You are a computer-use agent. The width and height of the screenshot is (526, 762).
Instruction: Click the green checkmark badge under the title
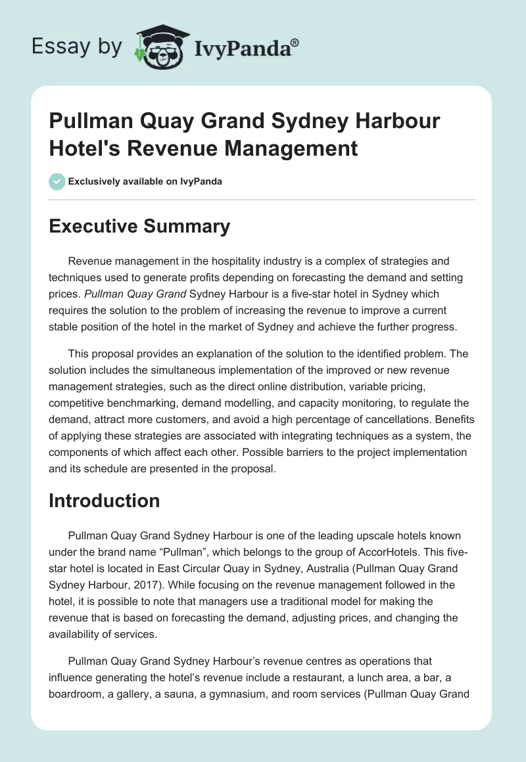[x=57, y=181]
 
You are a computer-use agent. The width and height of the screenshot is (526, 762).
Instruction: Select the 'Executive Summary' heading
[x=140, y=227]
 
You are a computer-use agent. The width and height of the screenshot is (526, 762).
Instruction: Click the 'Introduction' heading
[x=105, y=501]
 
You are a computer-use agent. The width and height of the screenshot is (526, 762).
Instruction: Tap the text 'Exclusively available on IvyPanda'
[x=145, y=181]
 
